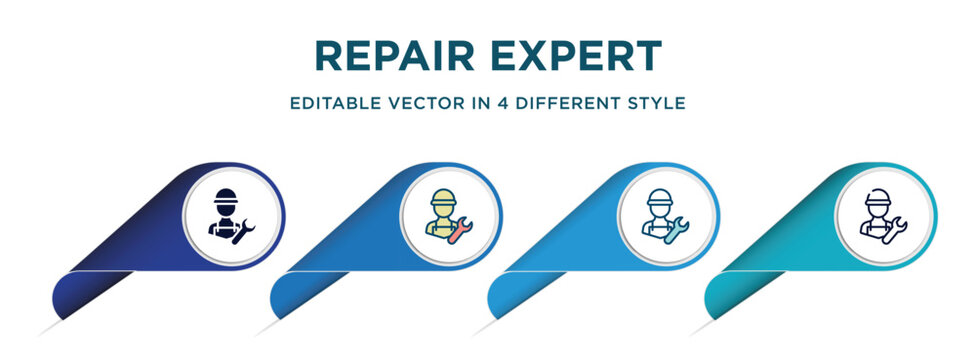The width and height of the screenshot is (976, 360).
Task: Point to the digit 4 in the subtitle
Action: [496, 103]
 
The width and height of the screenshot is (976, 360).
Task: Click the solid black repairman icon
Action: [228, 213]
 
